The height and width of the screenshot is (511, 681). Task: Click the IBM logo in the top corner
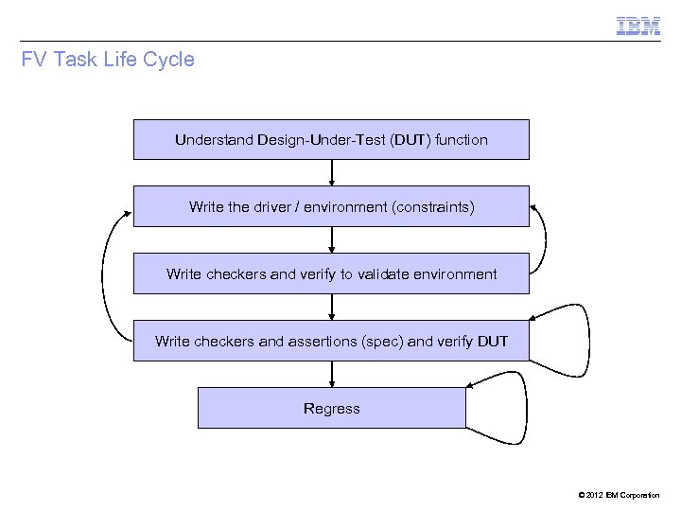(x=638, y=26)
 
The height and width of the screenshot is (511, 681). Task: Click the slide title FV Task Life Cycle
(x=108, y=60)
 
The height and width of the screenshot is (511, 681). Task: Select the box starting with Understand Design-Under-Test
(x=331, y=140)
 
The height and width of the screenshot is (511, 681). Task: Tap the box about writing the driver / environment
(x=331, y=206)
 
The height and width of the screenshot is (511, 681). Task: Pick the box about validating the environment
(x=331, y=274)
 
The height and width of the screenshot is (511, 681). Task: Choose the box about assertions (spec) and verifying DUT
(x=331, y=341)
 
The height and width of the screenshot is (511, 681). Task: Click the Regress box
(x=331, y=409)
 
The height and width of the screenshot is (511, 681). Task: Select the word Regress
(x=331, y=409)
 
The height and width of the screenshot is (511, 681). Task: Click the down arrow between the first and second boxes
(x=332, y=172)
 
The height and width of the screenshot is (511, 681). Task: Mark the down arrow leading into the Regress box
(x=332, y=375)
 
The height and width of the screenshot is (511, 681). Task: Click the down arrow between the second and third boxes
(x=332, y=239)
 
